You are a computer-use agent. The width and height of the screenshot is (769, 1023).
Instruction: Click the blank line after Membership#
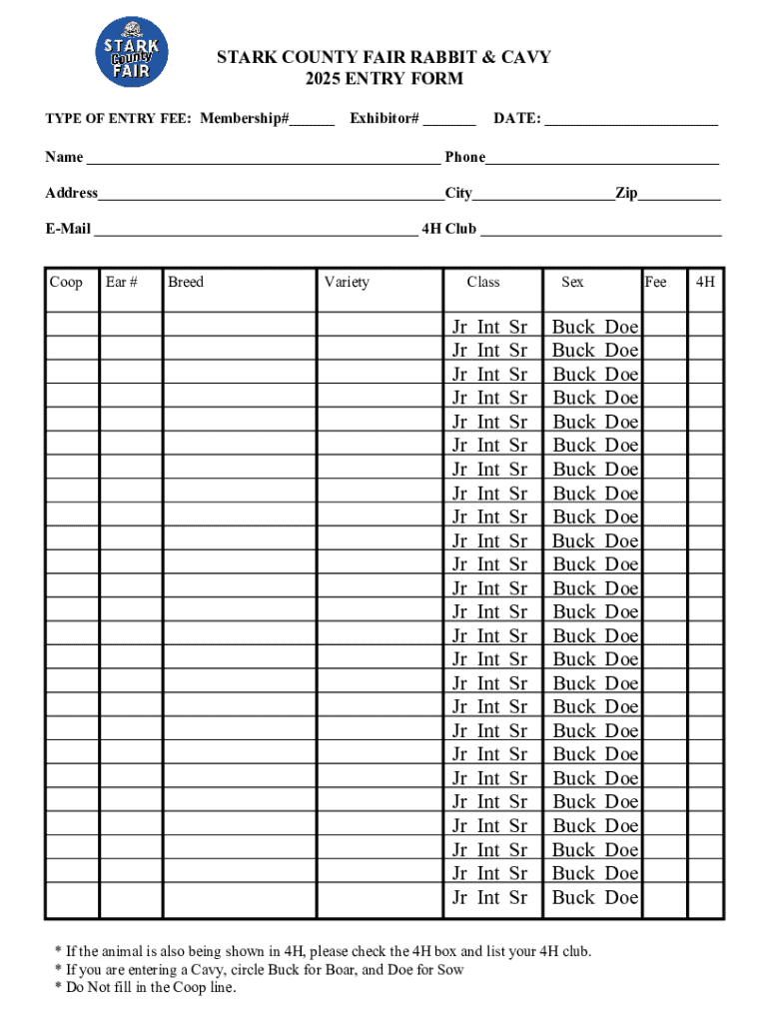313,123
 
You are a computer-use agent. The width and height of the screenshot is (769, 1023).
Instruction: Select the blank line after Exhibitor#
449,123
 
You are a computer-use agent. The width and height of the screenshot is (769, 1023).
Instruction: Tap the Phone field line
602,160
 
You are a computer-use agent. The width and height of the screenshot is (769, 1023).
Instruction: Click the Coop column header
66,282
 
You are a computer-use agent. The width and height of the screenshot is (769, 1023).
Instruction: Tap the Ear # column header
121,282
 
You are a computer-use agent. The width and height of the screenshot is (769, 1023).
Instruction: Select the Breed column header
186,282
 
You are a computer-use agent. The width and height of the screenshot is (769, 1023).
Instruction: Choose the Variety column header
347,282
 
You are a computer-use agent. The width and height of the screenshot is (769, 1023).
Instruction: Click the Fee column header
656,282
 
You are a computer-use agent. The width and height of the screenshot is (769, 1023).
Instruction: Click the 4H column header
705,282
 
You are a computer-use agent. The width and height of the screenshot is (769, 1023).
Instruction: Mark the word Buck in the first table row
573,327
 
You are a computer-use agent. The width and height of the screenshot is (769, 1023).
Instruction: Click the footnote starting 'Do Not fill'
145,987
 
